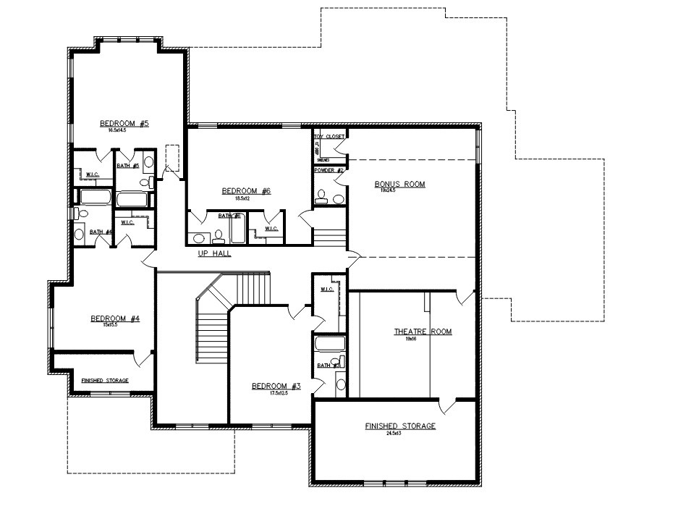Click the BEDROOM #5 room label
pos(124,123)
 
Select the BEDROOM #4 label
pos(114,319)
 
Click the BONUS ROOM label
pos(399,184)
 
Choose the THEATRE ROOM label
pos(423,332)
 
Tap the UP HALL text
pos(215,253)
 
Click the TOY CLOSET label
pos(329,136)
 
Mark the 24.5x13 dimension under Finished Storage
pos(399,433)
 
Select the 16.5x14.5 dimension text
pos(117,130)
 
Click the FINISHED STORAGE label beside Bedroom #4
pos(105,380)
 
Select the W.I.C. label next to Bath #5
pos(93,174)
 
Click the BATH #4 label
pos(100,232)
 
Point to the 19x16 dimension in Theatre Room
pos(411,338)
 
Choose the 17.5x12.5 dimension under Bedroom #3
pos(268,393)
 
